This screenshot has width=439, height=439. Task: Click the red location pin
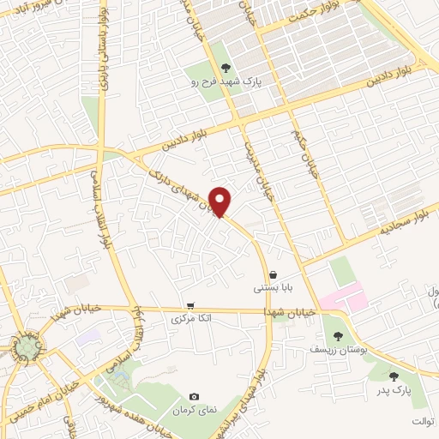point(221,201)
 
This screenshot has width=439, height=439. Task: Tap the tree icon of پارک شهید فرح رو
point(226,68)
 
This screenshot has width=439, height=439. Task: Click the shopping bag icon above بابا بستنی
point(273,274)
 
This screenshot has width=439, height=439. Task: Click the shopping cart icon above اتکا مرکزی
point(190,304)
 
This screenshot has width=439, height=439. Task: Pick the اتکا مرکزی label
point(192,319)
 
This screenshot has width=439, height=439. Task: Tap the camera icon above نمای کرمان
point(195,396)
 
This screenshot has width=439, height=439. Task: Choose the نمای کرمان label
point(195,411)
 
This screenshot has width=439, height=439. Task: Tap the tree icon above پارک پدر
point(394,376)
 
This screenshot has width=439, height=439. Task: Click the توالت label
point(424,421)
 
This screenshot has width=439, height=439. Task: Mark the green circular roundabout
point(29,346)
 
